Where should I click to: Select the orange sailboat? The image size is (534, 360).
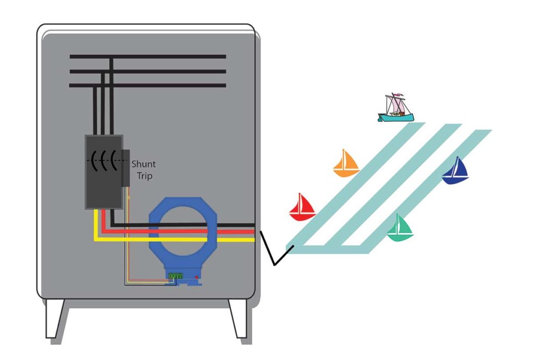click(x=346, y=163)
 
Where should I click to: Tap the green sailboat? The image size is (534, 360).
click(x=399, y=228)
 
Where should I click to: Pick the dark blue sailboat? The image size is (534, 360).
click(x=456, y=171)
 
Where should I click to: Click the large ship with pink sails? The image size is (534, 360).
click(x=396, y=109)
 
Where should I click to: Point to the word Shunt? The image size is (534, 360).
click(x=143, y=164)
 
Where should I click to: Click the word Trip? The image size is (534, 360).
click(x=144, y=176)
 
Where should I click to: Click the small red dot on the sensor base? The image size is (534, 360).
click(x=196, y=277)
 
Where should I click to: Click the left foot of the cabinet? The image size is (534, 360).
click(x=54, y=318)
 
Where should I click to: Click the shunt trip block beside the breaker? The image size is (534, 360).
click(x=126, y=167)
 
